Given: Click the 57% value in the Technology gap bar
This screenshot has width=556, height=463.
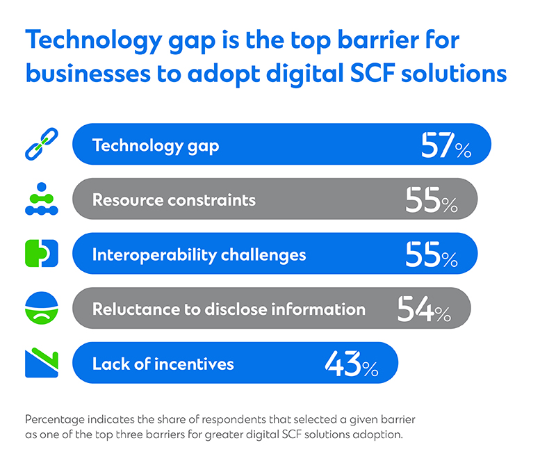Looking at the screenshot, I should click(445, 145).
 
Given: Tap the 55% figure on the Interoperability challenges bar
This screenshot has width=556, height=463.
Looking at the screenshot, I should click(432, 254).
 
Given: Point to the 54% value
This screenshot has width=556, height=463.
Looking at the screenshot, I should click(424, 309).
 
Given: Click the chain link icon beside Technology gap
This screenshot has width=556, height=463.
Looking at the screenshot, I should click(42, 145).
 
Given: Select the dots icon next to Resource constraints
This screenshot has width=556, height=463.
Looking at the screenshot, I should click(42, 200).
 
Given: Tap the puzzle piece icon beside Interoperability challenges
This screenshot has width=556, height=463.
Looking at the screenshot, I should click(42, 254).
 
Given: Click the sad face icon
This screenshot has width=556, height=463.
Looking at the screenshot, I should click(42, 309).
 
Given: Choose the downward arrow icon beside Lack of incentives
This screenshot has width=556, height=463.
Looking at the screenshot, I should click(42, 363).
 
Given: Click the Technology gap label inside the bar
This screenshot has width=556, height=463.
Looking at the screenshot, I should click(156, 145).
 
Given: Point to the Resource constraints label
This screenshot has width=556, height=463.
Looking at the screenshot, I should click(174, 200).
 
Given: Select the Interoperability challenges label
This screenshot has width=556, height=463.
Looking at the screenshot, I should click(199, 254).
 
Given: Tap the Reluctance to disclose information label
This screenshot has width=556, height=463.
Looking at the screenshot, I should click(229, 309).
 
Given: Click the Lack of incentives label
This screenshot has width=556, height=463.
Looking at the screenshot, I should click(163, 364).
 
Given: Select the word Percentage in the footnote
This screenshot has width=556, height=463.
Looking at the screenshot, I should click(58, 420).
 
